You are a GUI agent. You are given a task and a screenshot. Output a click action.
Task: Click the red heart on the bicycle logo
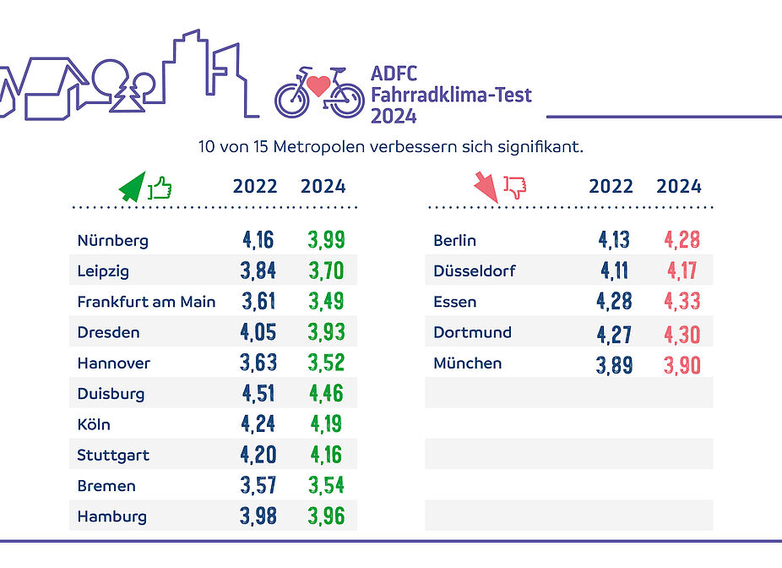(318, 85)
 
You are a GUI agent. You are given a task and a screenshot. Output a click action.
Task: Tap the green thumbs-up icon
(160, 187)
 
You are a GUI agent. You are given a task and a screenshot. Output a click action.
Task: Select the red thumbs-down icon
(514, 186)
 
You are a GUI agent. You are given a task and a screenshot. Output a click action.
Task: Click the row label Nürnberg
(112, 241)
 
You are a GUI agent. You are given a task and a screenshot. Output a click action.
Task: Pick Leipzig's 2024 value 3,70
(325, 271)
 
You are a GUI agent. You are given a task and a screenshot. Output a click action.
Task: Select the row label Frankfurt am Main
(146, 302)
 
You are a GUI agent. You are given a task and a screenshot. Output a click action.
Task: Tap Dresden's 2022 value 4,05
(258, 333)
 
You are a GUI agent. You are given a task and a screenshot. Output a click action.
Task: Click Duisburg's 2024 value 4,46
(325, 394)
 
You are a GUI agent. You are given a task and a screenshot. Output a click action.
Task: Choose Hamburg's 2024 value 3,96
(325, 516)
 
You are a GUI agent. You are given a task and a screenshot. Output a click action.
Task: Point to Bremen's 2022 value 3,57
(258, 486)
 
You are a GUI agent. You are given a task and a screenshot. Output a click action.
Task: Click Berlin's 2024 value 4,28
(682, 241)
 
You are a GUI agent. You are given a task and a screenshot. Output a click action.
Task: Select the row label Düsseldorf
(474, 271)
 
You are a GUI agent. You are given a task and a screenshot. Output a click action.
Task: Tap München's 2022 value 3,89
(614, 363)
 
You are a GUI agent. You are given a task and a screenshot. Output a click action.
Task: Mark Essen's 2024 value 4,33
(682, 302)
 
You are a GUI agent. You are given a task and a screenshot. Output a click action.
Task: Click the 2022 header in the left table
(255, 187)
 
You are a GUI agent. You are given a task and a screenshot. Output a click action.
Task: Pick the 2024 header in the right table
(679, 187)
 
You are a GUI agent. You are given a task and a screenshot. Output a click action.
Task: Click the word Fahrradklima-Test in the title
(451, 95)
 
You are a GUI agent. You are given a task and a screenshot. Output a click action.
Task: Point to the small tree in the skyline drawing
(129, 98)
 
